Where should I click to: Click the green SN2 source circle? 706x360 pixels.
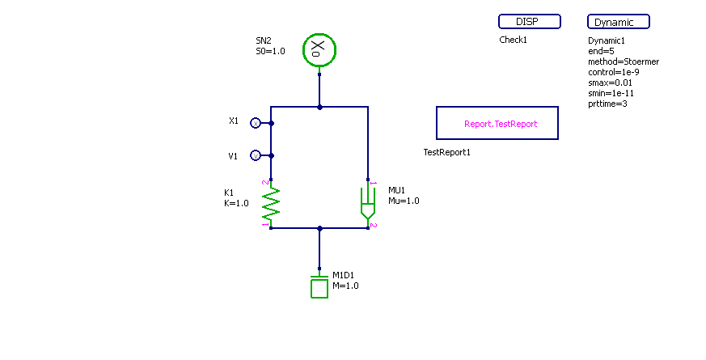(x=319, y=50)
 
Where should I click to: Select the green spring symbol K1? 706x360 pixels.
(x=271, y=203)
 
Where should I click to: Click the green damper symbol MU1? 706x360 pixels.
(x=368, y=203)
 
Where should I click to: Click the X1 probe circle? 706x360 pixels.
(x=255, y=123)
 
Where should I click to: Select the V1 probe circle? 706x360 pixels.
(x=255, y=155)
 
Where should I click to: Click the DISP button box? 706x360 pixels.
(x=529, y=22)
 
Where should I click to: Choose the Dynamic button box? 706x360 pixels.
(x=618, y=22)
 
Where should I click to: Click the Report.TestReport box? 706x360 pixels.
(x=497, y=124)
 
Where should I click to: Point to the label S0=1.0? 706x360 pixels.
(x=270, y=51)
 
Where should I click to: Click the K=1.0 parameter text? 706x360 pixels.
(x=236, y=203)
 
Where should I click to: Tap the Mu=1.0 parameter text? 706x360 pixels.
(x=404, y=201)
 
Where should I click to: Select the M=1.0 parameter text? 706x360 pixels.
(x=345, y=286)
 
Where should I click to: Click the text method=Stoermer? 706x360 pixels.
(x=623, y=61)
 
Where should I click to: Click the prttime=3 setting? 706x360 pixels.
(x=607, y=103)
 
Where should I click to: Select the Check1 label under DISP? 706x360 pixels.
(x=513, y=40)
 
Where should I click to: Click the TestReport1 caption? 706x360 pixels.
(x=446, y=152)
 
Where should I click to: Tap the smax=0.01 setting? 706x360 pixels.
(x=610, y=83)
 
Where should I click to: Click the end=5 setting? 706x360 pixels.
(x=601, y=51)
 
